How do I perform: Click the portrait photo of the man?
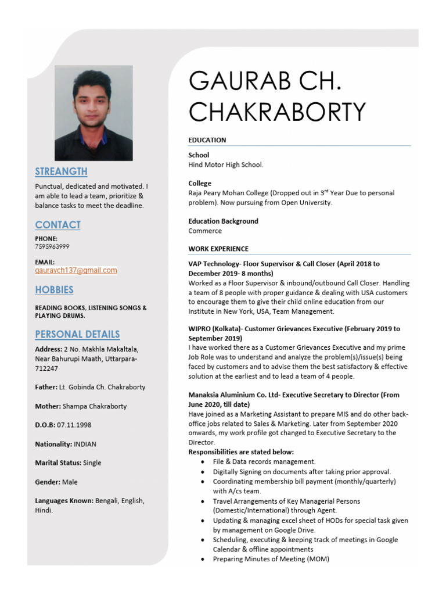click(x=93, y=113)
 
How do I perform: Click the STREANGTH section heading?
click(x=61, y=171)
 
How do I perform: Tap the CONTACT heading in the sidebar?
click(x=57, y=225)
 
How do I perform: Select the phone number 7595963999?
click(x=52, y=246)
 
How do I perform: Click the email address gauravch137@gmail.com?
click(x=76, y=270)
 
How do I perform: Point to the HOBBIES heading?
click(x=54, y=289)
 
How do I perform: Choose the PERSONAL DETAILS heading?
click(x=77, y=334)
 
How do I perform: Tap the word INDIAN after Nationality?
click(x=85, y=444)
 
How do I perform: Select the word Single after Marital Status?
click(x=92, y=463)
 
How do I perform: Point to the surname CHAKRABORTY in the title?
click(x=277, y=111)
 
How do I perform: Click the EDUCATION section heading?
click(x=207, y=140)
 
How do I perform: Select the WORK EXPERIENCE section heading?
click(x=218, y=249)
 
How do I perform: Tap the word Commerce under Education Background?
click(x=205, y=231)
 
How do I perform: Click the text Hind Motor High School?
click(x=226, y=164)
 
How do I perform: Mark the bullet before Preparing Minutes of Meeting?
click(x=202, y=560)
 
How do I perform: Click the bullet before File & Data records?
click(x=202, y=462)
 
